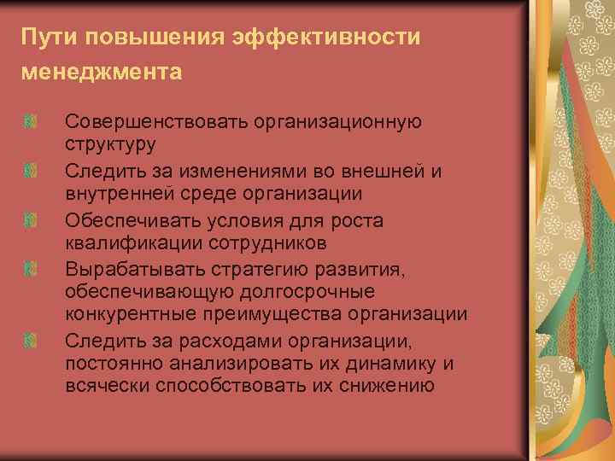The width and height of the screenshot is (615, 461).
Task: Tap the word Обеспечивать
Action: (132, 219)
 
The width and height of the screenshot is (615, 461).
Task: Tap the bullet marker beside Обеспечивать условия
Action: (30, 221)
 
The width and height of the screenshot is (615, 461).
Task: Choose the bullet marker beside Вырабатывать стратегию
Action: (30, 270)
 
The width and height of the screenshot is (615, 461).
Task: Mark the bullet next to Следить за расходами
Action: (30, 341)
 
